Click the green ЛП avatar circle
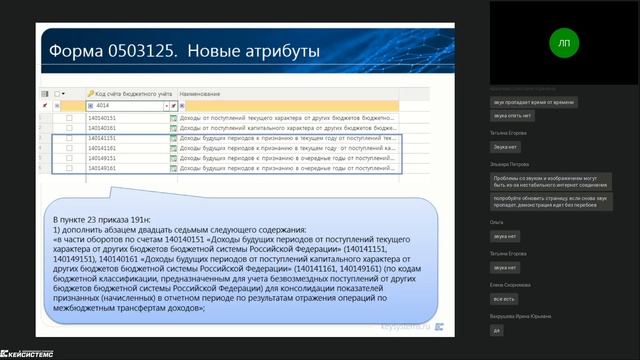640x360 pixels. pos(564,43)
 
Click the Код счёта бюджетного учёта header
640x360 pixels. pos(125,93)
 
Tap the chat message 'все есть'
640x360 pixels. pos(504,298)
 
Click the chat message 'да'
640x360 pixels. pos(497,329)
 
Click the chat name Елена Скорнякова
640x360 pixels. pos(512,285)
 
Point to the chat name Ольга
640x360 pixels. pos(497,222)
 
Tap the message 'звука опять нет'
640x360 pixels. pos(512,115)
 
